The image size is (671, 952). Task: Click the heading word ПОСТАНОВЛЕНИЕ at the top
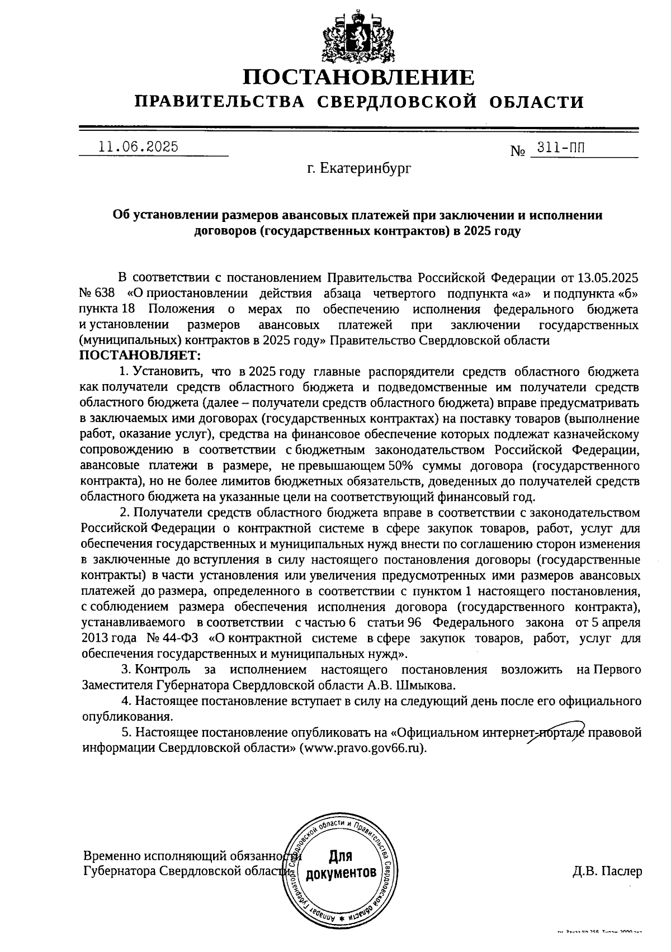point(358,77)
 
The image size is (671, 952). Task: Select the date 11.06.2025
point(138,147)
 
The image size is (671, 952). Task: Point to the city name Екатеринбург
point(366,168)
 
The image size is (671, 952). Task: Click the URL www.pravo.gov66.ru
point(363,748)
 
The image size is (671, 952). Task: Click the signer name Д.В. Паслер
point(607,872)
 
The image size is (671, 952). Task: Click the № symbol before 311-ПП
point(518,151)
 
